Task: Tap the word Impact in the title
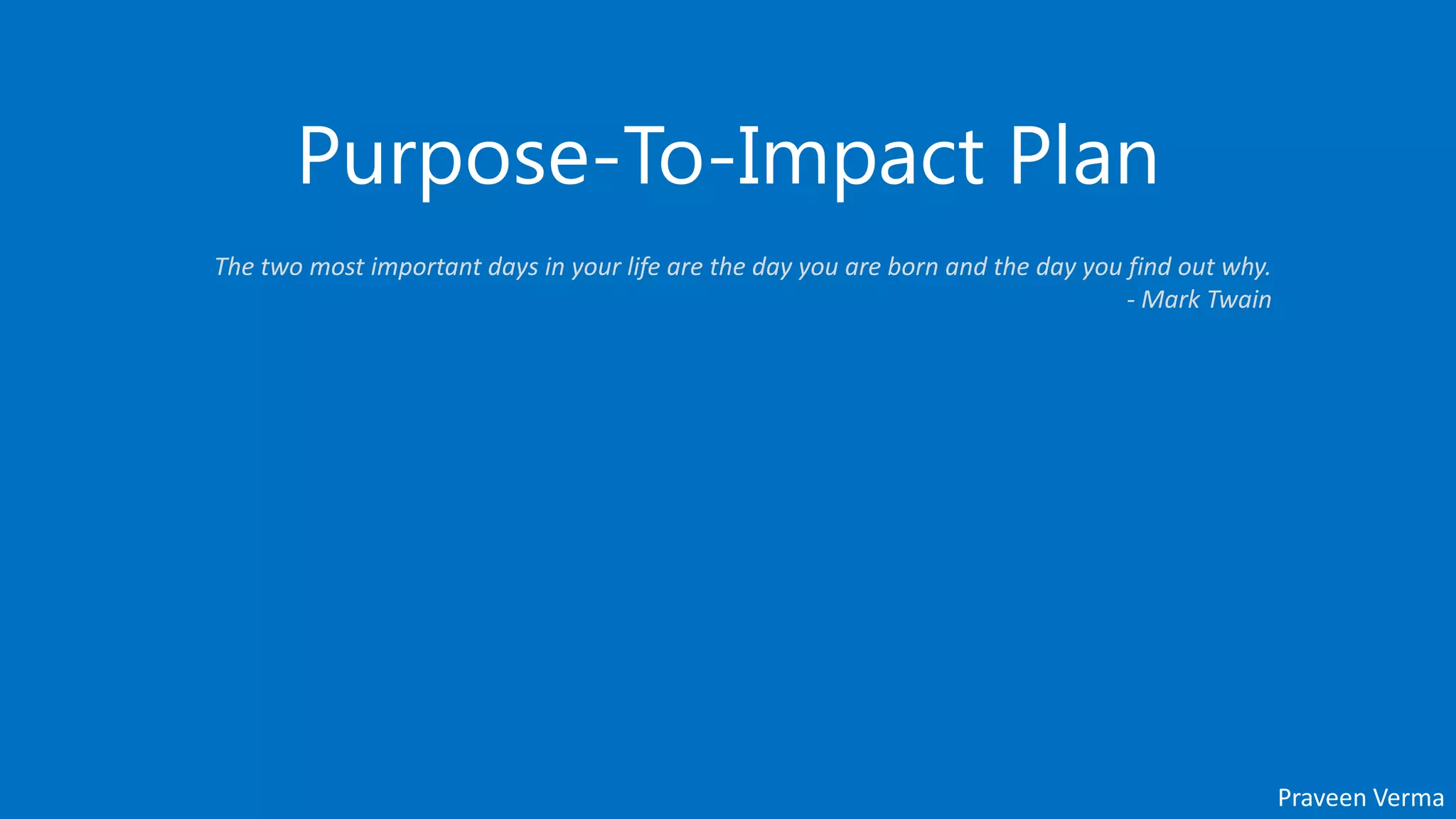[860, 156]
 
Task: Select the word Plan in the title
[1083, 156]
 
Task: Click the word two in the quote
[282, 267]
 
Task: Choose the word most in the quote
[337, 267]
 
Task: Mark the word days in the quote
[513, 268]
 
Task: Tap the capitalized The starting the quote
[235, 267]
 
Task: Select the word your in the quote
[596, 268]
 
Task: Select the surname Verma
[1410, 798]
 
